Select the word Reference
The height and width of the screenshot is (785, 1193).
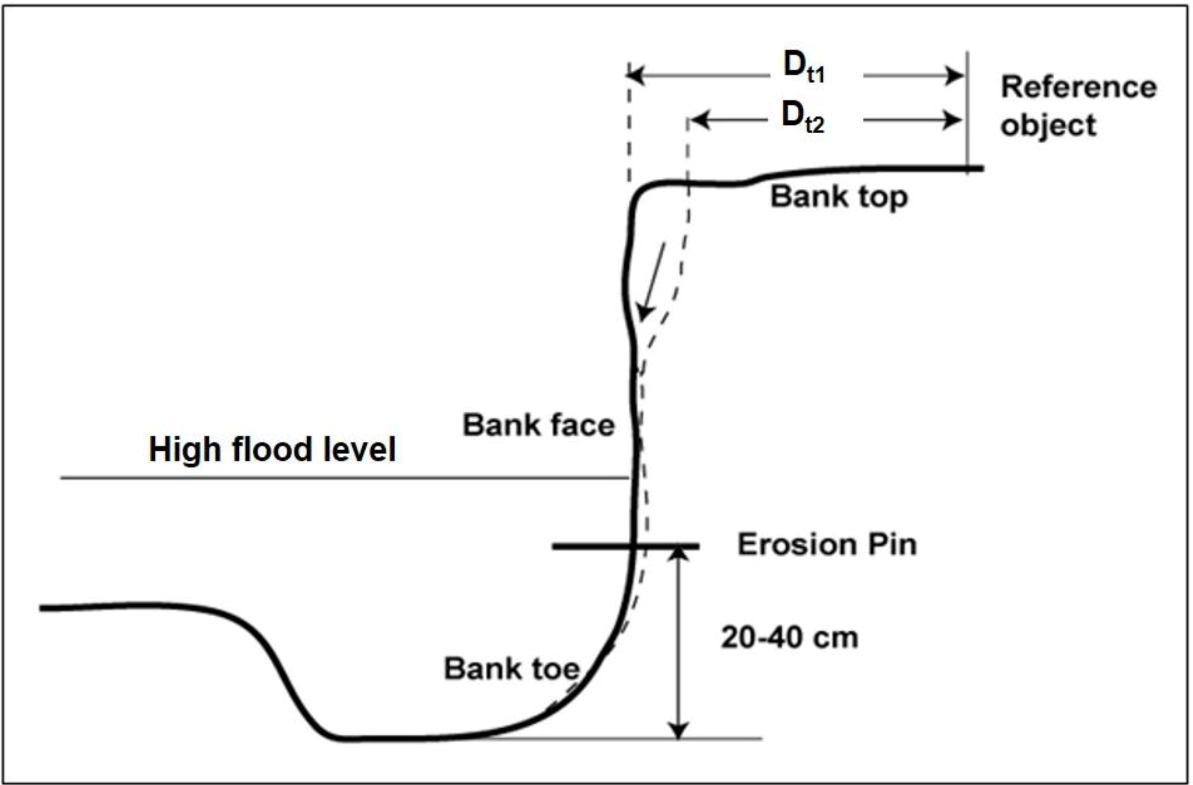tap(1078, 87)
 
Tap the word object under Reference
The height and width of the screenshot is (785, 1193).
tap(1048, 125)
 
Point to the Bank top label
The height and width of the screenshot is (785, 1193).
tap(839, 197)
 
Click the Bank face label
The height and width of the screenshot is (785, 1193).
tap(538, 425)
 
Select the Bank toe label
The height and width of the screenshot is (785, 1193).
tap(511, 669)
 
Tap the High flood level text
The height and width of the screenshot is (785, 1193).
tap(272, 450)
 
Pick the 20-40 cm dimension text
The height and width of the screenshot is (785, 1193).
tap(789, 638)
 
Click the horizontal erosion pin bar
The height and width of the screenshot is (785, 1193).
tap(591, 546)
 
